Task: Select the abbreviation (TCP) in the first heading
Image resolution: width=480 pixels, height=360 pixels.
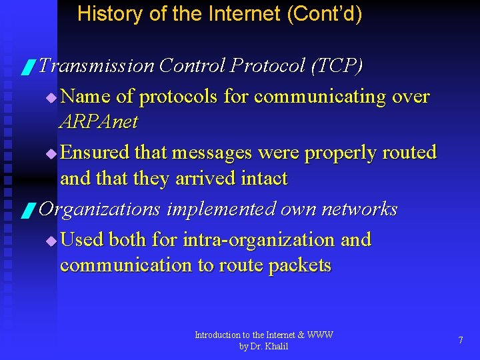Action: click(336, 65)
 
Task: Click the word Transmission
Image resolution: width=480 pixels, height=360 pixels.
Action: click(97, 65)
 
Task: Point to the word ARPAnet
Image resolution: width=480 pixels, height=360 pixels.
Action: click(99, 121)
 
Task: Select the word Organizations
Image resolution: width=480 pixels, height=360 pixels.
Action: click(100, 209)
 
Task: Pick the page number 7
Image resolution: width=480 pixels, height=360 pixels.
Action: click(461, 340)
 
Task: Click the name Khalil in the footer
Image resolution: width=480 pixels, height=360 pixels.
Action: click(275, 347)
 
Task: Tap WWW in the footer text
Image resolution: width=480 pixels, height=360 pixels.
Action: click(321, 335)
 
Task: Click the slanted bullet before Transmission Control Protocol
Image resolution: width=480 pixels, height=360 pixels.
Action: click(27, 67)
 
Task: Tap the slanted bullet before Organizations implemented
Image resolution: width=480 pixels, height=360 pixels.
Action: click(27, 211)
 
